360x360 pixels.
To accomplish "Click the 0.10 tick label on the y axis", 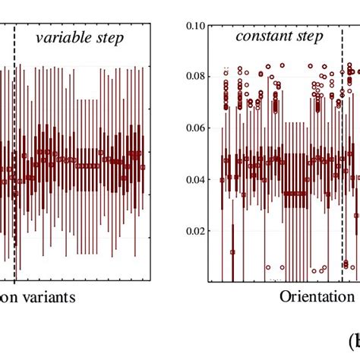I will click(x=196, y=25).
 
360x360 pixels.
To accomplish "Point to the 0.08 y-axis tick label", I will click(x=196, y=76).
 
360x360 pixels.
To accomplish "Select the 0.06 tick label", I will click(x=196, y=128).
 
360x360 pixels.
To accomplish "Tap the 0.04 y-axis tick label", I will click(x=196, y=180).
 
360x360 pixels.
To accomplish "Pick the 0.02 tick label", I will click(x=196, y=231).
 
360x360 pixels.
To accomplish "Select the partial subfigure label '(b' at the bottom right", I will click(x=353, y=339).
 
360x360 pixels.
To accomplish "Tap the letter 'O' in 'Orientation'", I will click(x=285, y=296).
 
